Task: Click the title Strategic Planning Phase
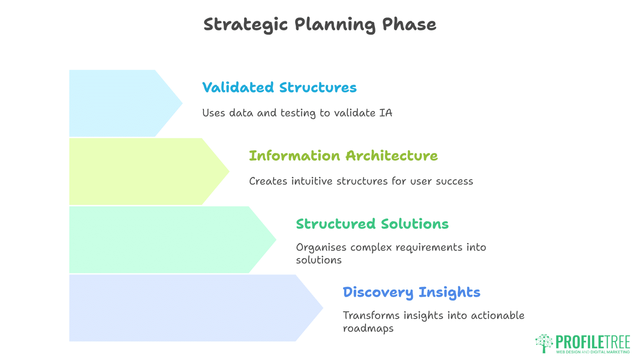click(320, 25)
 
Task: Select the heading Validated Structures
click(279, 88)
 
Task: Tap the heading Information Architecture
click(343, 156)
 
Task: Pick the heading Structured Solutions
click(372, 224)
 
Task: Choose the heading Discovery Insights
click(411, 292)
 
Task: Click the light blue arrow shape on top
click(120, 103)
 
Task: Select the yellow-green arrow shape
click(143, 171)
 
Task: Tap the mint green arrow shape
click(167, 240)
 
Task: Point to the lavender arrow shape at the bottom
click(190, 308)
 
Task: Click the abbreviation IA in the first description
click(386, 113)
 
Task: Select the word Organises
click(321, 248)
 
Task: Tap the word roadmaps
click(368, 329)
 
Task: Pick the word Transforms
click(371, 315)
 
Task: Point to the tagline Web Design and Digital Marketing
click(593, 352)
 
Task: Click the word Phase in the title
click(409, 25)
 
